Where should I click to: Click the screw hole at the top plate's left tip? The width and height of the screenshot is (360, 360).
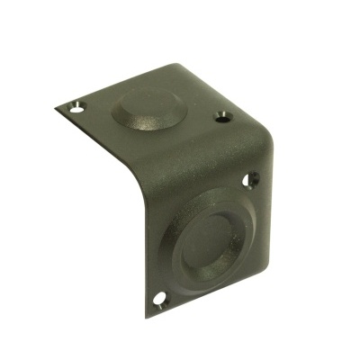[x=76, y=106]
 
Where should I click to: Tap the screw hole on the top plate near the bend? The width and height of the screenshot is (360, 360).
[x=220, y=116]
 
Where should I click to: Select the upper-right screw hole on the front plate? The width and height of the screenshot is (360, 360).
[x=252, y=178]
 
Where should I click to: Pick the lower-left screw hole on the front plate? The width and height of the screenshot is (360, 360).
[x=160, y=296]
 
